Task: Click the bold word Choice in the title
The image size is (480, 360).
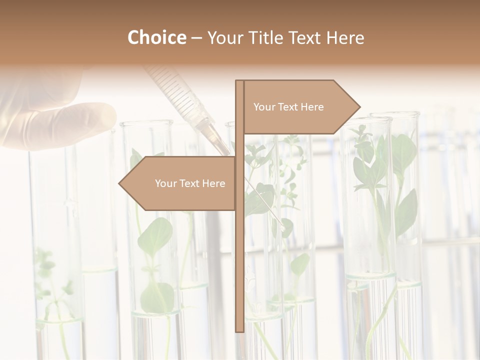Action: click(x=156, y=37)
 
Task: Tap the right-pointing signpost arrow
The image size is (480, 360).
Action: click(x=300, y=107)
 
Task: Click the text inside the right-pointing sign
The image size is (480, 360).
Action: click(x=288, y=107)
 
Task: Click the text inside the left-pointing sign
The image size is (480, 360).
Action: click(x=190, y=183)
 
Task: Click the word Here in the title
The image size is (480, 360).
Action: click(x=345, y=37)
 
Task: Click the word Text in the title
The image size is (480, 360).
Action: click(x=306, y=37)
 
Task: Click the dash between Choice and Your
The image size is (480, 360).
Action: click(x=196, y=38)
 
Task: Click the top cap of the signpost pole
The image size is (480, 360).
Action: click(x=239, y=82)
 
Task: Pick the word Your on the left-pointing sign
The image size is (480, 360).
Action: click(x=165, y=183)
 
